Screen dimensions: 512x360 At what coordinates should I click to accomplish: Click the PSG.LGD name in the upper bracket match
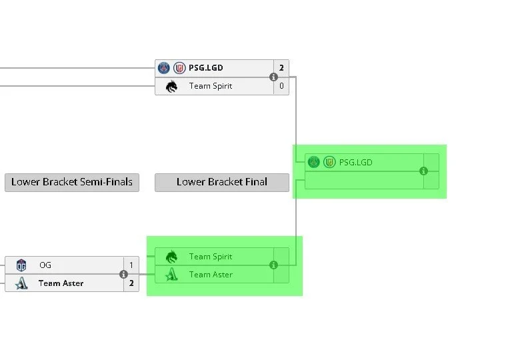pyautogui.click(x=206, y=68)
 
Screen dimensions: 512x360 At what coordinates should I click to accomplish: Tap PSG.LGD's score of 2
pyautogui.click(x=281, y=68)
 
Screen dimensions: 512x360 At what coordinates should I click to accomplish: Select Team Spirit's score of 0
pyautogui.click(x=281, y=86)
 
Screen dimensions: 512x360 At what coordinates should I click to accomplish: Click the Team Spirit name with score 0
pyautogui.click(x=211, y=86)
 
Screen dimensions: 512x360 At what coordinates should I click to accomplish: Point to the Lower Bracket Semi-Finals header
pyautogui.click(x=72, y=182)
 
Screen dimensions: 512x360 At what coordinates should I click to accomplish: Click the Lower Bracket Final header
pyautogui.click(x=222, y=182)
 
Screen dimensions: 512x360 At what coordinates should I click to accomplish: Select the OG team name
pyautogui.click(x=45, y=265)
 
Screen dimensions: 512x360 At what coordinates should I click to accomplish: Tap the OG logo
pyautogui.click(x=21, y=265)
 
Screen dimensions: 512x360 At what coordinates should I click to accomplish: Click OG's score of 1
pyautogui.click(x=131, y=265)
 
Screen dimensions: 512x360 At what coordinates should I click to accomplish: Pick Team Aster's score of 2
pyautogui.click(x=131, y=283)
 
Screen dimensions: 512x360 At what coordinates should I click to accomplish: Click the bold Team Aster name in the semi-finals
pyautogui.click(x=61, y=283)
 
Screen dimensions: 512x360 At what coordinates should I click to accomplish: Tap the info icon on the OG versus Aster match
pyautogui.click(x=123, y=274)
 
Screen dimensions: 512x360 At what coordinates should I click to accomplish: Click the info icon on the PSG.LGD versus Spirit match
pyautogui.click(x=273, y=77)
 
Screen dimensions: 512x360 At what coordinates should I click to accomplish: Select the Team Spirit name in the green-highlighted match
pyautogui.click(x=211, y=257)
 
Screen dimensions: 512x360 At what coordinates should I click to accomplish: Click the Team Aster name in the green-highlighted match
pyautogui.click(x=211, y=275)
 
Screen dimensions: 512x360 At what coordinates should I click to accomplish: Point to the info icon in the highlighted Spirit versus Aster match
pyautogui.click(x=273, y=265)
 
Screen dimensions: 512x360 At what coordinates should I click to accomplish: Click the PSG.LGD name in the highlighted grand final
pyautogui.click(x=355, y=163)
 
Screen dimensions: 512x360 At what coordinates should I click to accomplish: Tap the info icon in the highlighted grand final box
pyautogui.click(x=423, y=171)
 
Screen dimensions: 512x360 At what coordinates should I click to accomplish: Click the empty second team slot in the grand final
pyautogui.click(x=364, y=180)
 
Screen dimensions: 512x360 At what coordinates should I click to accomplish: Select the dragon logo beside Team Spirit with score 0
pyautogui.click(x=171, y=86)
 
